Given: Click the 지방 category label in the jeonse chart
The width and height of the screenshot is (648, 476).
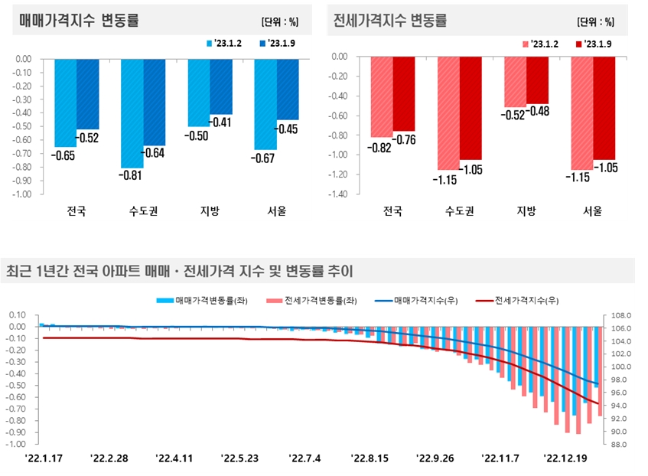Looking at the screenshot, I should [526, 210].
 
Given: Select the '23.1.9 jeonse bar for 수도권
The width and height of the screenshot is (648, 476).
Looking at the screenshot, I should [471, 108].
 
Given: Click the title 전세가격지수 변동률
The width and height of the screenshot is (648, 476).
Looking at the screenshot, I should [390, 21].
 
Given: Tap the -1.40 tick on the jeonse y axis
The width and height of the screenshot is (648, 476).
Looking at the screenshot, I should [337, 194].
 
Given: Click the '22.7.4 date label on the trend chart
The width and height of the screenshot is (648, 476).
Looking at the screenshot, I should [306, 458].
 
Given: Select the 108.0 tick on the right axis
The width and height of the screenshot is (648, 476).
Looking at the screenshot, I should [621, 315].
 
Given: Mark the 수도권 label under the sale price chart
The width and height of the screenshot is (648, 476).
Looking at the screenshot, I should [143, 210].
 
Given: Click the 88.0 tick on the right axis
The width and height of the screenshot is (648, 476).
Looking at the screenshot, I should [621, 445].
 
